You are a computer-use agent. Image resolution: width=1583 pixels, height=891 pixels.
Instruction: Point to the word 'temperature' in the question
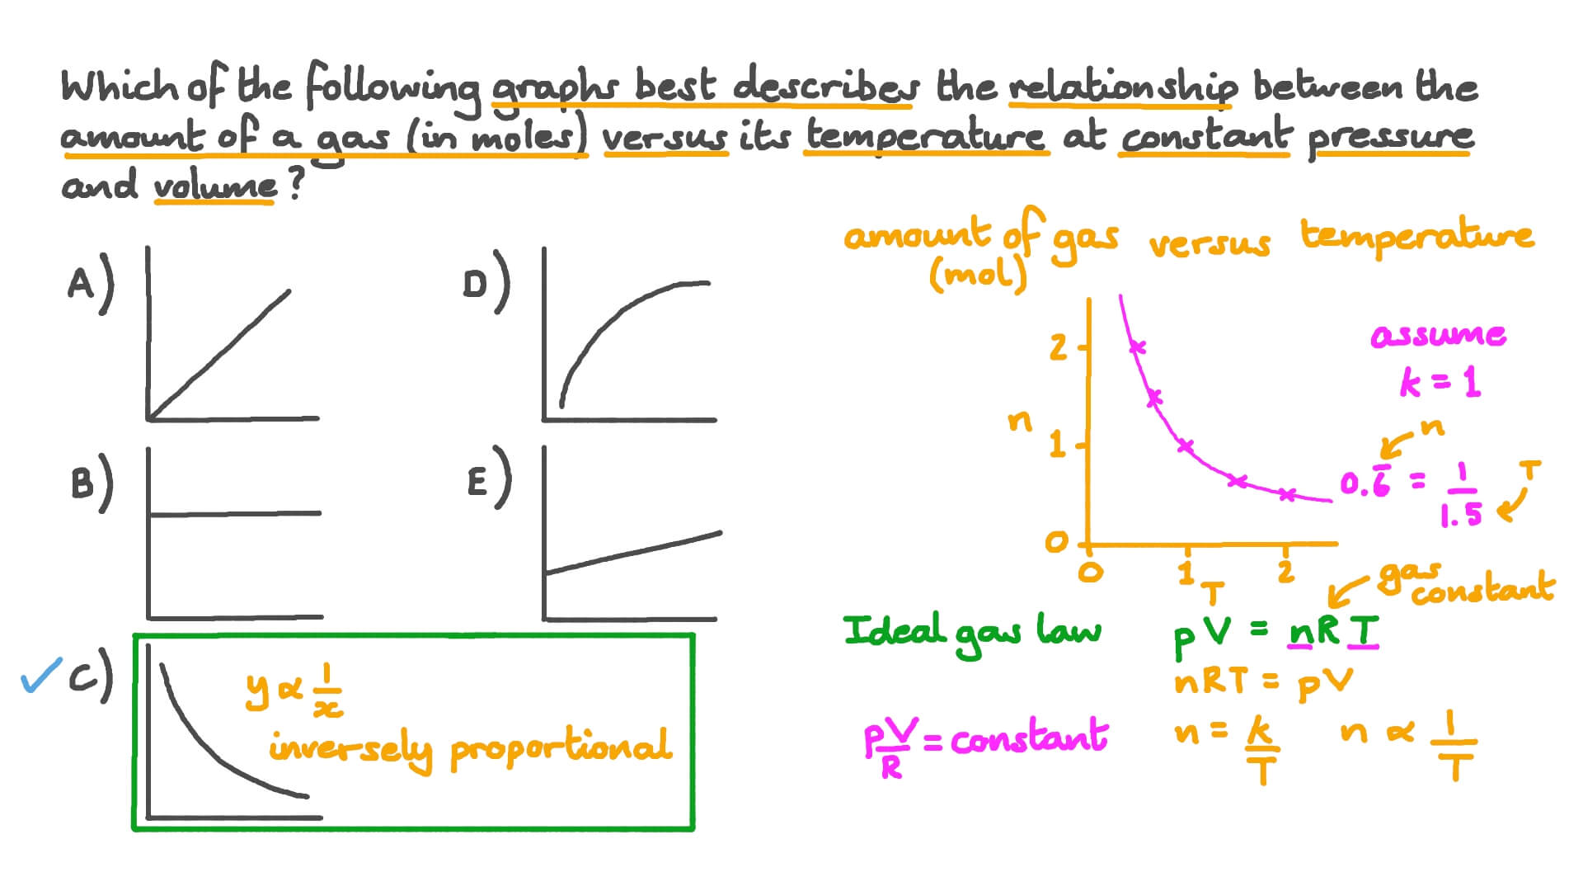tap(925, 137)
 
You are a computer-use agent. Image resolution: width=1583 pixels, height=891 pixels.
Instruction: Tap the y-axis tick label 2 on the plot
tap(1058, 348)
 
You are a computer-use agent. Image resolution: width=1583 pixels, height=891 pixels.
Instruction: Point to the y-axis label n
tap(1020, 422)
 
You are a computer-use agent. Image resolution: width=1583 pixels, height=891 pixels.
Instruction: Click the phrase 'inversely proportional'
tap(470, 749)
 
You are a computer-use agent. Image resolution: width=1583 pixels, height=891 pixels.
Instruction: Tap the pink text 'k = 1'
tap(1440, 383)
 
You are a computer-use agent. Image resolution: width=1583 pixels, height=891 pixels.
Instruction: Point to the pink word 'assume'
tap(1438, 336)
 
